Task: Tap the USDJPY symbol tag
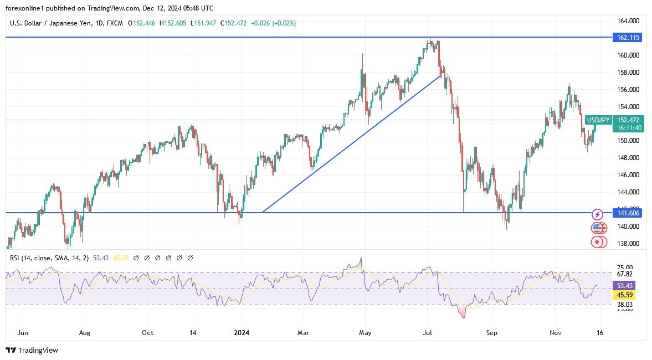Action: tap(598, 120)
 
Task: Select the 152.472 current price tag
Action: tap(628, 120)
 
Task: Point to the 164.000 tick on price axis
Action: tap(628, 21)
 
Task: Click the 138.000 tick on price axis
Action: tap(628, 244)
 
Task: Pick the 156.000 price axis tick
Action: tap(628, 90)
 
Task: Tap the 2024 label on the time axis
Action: tap(242, 333)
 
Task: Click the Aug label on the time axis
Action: tap(84, 333)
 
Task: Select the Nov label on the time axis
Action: tap(557, 333)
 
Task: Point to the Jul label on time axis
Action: tap(427, 333)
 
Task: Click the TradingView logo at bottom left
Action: tap(32, 350)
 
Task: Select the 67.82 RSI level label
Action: tap(625, 274)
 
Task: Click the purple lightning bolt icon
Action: tap(597, 214)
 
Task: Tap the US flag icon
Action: tap(597, 228)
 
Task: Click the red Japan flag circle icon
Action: tap(597, 241)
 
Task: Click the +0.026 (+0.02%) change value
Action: tap(273, 23)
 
